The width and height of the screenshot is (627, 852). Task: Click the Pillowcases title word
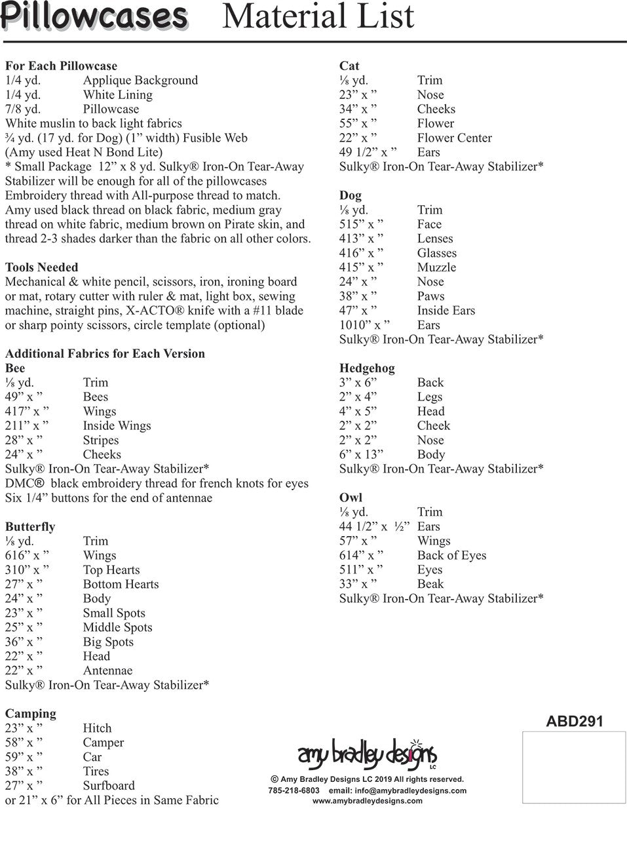[94, 16]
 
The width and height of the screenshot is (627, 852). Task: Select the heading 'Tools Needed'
[41, 267]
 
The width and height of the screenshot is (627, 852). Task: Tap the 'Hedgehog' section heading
[367, 368]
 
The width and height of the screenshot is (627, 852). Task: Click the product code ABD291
[574, 722]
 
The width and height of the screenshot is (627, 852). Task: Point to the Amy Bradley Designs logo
[367, 754]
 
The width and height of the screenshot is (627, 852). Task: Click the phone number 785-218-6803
[294, 790]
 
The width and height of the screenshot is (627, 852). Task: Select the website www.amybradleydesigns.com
[367, 801]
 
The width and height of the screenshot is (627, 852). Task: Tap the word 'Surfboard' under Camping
[109, 786]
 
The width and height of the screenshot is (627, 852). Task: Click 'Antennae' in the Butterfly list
[107, 670]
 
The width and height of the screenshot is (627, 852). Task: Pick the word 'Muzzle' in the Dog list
[436, 267]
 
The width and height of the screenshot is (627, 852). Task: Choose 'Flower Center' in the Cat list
[454, 138]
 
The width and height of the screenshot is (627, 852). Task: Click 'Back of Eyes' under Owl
[451, 556]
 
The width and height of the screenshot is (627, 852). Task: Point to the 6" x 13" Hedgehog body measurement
[361, 455]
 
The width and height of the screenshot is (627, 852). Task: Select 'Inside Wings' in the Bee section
[117, 426]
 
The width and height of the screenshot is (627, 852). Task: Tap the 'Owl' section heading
[351, 498]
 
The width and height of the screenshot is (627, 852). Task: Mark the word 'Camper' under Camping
[104, 743]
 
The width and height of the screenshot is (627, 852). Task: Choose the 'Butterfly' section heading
[30, 527]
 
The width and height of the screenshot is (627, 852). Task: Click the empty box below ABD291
[573, 767]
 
